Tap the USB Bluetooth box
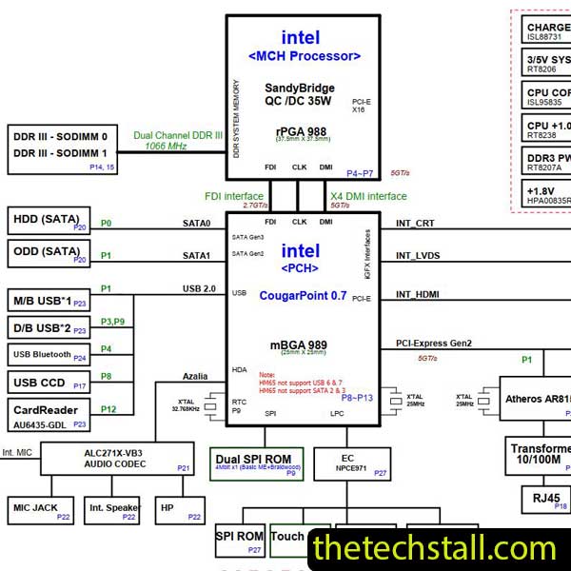point(49,355)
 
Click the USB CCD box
point(49,383)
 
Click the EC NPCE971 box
point(353,463)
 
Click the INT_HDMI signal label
point(418,295)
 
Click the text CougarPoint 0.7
point(304,296)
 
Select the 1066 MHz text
point(166,147)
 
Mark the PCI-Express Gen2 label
point(434,344)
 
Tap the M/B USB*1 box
point(49,301)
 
